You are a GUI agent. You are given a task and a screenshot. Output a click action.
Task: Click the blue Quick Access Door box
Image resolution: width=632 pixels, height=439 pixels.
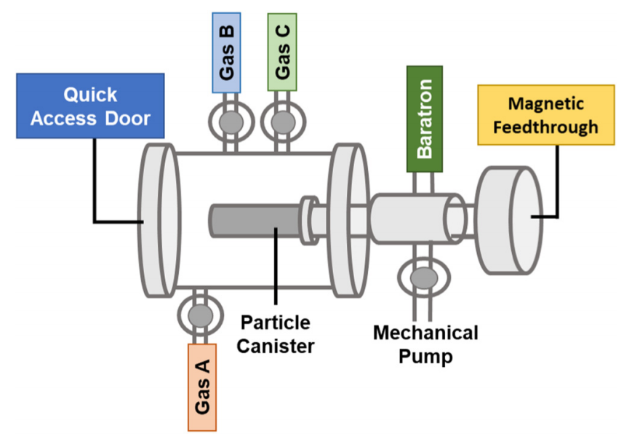tap(90, 106)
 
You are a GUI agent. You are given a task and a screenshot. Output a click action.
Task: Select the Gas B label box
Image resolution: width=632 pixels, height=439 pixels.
tap(227, 52)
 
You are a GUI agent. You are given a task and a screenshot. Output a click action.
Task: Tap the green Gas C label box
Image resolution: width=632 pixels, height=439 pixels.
tap(282, 52)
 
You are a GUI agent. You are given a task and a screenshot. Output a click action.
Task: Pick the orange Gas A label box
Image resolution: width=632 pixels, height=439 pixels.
tap(202, 387)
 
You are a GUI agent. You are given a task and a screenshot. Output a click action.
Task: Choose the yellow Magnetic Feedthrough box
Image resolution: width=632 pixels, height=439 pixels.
tap(545, 114)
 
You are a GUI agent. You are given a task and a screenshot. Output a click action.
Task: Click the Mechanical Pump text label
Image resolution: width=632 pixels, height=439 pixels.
tap(425, 344)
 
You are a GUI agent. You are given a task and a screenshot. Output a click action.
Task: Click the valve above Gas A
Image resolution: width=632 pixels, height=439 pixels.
tap(200, 315)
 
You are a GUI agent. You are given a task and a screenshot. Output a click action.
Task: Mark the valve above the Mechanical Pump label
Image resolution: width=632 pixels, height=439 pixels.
tap(421, 277)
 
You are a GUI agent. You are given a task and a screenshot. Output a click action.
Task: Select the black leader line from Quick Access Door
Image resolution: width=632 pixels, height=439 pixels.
tap(95, 182)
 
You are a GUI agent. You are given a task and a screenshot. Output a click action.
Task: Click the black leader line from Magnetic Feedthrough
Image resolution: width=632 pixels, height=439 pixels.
tap(557, 182)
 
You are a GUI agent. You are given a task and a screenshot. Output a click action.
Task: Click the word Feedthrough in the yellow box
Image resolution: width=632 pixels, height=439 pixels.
tap(545, 127)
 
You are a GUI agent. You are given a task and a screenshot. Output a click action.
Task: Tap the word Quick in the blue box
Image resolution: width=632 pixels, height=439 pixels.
tap(90, 95)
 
